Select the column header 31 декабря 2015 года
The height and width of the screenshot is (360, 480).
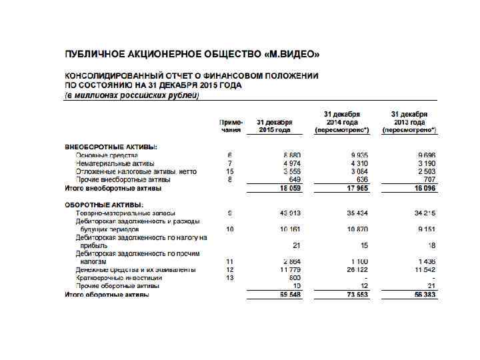(x=275, y=127)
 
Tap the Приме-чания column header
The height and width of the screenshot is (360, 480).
(x=231, y=127)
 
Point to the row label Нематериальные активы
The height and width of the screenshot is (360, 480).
(x=115, y=163)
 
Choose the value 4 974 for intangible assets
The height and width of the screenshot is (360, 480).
(x=292, y=163)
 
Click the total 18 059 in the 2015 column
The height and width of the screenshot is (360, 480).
(x=291, y=189)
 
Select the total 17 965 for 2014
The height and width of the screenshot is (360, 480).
(x=358, y=189)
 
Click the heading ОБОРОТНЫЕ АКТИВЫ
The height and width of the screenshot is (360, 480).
(x=104, y=205)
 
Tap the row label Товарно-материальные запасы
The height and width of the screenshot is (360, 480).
(x=125, y=213)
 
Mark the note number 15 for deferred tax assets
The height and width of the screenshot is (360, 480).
(x=229, y=171)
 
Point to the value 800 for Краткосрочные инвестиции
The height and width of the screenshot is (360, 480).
(x=295, y=277)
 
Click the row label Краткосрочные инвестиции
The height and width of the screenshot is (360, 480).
(x=119, y=277)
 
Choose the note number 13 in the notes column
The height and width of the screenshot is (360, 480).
(x=229, y=277)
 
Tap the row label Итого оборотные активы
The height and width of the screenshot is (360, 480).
(x=107, y=294)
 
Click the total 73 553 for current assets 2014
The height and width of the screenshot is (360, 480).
(x=358, y=294)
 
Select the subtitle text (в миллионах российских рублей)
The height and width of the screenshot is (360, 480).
(x=131, y=95)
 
